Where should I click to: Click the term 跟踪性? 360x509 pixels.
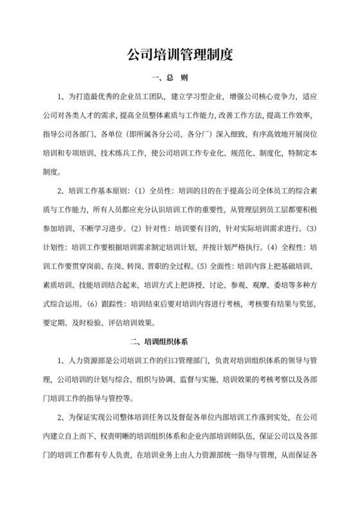pos(106,304)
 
